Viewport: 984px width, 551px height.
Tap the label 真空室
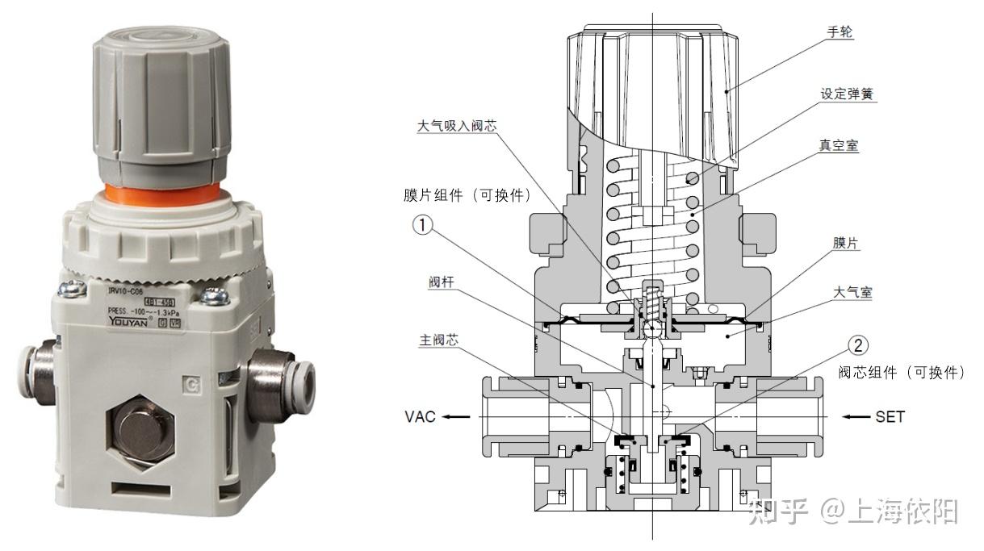839,146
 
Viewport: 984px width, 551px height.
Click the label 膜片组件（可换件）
467,196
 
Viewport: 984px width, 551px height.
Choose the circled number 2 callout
858,346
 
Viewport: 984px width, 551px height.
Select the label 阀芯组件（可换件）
902,373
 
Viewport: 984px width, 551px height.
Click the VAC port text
420,417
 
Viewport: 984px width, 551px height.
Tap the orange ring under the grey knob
161,194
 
